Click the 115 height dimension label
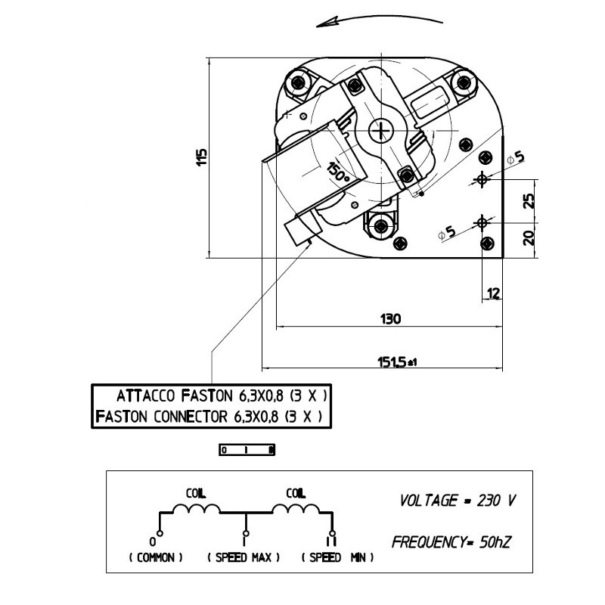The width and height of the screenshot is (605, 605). click(201, 157)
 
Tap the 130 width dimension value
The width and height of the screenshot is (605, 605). click(390, 318)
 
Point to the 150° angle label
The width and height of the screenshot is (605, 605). click(337, 172)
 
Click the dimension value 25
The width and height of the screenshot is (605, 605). click(529, 200)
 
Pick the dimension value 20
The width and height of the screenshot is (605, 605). click(529, 237)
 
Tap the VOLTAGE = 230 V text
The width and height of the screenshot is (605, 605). click(457, 501)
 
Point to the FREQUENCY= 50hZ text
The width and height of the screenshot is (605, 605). click(453, 542)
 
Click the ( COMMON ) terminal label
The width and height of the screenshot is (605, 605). click(156, 557)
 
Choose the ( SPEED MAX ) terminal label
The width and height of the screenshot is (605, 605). click(244, 557)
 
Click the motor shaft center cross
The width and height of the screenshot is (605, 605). click(380, 131)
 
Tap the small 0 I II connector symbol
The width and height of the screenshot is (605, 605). click(247, 450)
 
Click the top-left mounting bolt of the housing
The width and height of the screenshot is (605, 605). click(299, 81)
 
